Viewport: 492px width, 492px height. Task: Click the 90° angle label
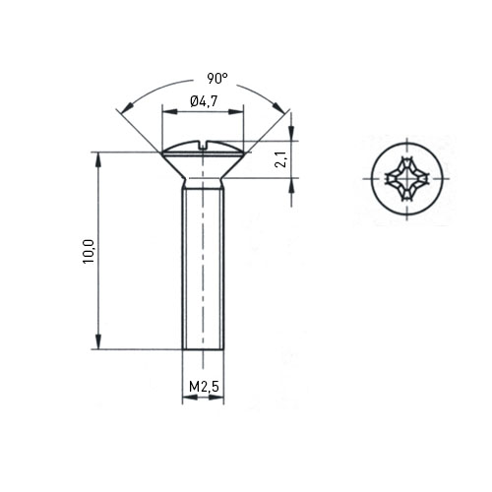pos(217,79)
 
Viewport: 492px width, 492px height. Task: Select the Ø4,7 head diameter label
pos(204,101)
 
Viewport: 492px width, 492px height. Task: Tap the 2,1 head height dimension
pos(282,159)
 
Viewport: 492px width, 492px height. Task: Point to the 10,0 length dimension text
pos(89,252)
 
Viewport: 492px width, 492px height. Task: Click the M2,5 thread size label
pos(204,387)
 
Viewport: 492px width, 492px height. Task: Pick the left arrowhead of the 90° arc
pos(127,107)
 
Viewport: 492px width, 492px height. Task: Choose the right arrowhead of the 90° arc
pos(278,106)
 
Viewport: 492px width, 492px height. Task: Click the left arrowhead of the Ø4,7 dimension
pos(170,112)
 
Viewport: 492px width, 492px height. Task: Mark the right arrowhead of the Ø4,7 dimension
pos(236,112)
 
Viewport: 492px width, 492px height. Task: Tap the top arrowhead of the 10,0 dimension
pos(97,159)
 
